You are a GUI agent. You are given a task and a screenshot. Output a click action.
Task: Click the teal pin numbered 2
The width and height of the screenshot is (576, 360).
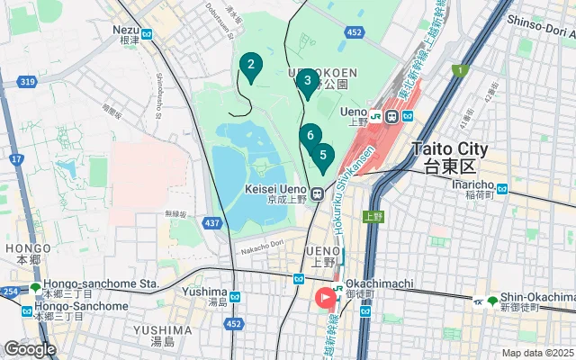250,65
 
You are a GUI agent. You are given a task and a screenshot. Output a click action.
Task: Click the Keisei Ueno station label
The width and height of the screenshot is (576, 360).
279,194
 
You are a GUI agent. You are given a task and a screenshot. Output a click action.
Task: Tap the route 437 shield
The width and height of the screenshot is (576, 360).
212,222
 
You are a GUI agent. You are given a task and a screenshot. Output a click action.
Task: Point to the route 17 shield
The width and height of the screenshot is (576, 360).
17,159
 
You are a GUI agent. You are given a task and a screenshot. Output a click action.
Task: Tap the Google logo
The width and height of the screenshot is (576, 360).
29,348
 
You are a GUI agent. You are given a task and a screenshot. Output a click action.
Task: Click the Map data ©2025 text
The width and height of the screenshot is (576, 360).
536,353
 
